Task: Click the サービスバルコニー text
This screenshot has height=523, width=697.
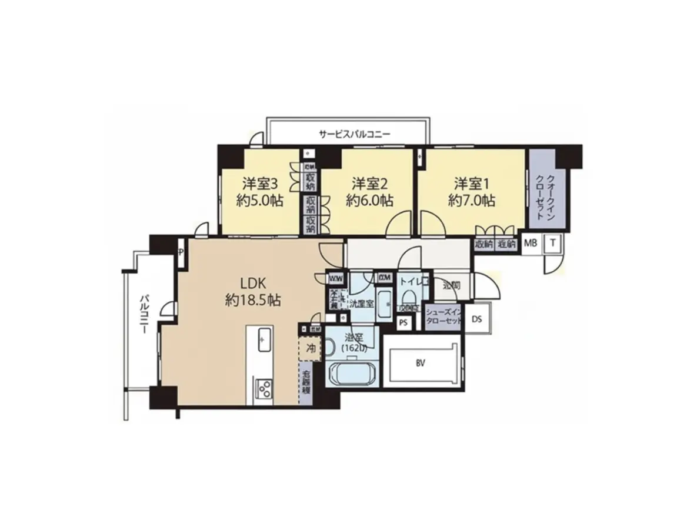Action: coord(355,135)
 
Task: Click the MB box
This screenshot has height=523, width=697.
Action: coord(530,243)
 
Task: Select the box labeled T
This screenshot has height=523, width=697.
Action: coord(553,243)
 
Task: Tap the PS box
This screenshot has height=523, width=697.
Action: coord(403,322)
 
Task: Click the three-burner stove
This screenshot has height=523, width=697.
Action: coord(264,388)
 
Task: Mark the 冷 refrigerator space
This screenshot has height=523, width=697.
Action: coord(309,348)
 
